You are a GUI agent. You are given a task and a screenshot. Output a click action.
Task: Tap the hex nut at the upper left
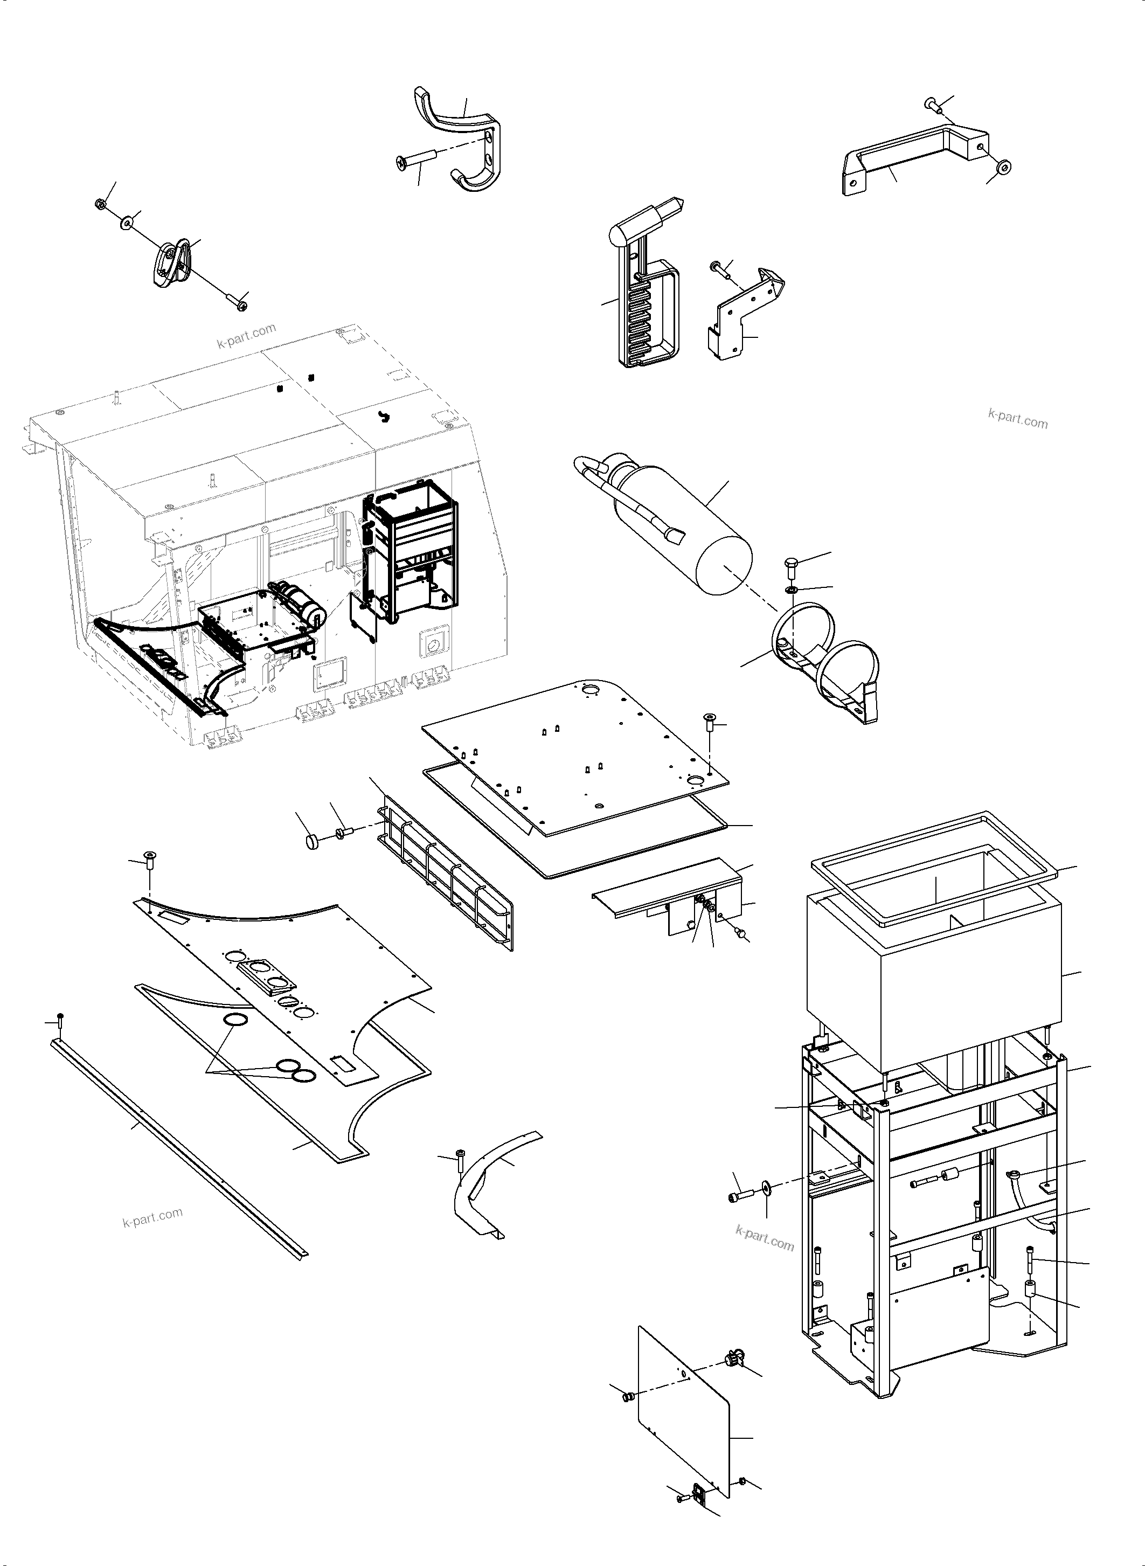(x=100, y=204)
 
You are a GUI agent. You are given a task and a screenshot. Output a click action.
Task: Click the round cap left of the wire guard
(x=313, y=842)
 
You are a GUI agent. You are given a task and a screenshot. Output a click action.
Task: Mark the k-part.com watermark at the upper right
(x=1017, y=419)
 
